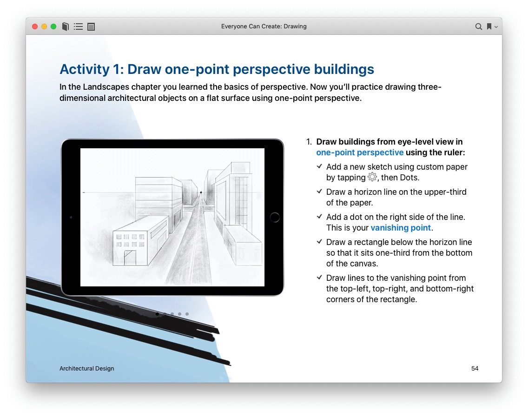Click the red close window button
[35, 26]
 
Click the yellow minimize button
[44, 26]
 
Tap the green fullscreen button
[53, 26]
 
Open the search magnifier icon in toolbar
[478, 26]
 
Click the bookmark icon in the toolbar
[489, 26]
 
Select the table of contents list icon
[78, 26]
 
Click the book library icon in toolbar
[66, 26]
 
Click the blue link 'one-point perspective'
[360, 152]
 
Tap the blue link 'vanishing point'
[401, 228]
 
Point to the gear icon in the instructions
[372, 177]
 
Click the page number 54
[475, 368]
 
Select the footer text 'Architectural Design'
[86, 368]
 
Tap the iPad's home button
[275, 217]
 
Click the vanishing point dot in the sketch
[201, 192]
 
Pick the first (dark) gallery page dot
[157, 314]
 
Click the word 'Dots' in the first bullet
[409, 178]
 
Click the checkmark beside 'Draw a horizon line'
[319, 191]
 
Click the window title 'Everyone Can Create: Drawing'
[264, 26]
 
